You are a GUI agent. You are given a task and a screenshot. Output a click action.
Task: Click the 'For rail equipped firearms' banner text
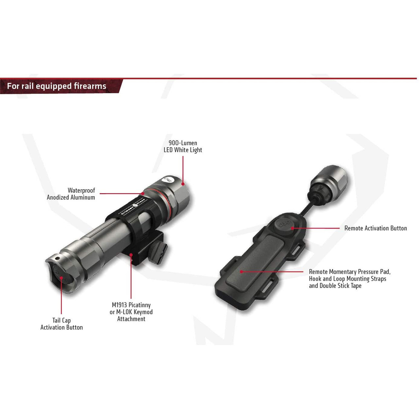(57, 86)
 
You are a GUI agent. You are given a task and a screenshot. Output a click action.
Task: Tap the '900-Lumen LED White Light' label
(183, 146)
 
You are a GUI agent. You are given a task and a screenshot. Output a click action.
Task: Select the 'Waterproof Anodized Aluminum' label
(71, 194)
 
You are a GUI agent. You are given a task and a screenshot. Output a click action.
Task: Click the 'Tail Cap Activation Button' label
(62, 324)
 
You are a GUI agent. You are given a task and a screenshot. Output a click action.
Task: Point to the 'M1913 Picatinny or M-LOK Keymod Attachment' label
(131, 312)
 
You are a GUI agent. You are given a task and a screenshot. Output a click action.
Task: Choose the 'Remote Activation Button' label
(375, 228)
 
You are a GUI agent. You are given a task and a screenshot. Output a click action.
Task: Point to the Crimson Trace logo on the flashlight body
(134, 207)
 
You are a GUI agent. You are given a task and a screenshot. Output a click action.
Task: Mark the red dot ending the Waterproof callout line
(143, 194)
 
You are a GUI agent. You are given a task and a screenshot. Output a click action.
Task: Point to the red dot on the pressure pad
(241, 271)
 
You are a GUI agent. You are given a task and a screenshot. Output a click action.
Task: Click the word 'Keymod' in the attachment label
(143, 312)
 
